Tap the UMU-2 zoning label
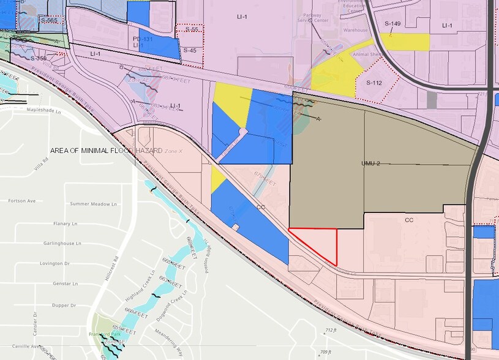tap(372, 165)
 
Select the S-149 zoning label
tap(392, 24)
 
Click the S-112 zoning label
tap(374, 83)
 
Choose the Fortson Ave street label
tap(22, 200)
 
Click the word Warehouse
tap(356, 29)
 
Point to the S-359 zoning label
tap(39, 58)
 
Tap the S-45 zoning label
tap(190, 50)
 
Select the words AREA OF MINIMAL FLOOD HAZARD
tap(107, 150)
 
